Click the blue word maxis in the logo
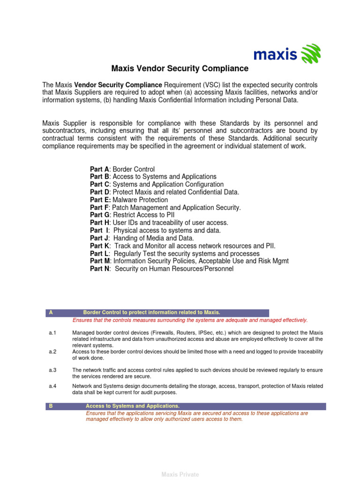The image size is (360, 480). (x=275, y=55)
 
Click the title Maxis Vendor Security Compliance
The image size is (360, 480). (x=180, y=69)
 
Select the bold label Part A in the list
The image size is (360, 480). (x=99, y=169)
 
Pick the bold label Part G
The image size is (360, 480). (x=100, y=215)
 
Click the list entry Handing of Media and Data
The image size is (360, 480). (x=154, y=238)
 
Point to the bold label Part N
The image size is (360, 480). (x=100, y=269)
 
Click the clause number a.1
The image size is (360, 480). (x=52, y=332)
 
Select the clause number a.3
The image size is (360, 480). (x=52, y=370)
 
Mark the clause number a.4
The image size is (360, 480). (x=52, y=386)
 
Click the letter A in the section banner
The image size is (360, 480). (x=51, y=313)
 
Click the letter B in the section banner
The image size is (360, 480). (x=51, y=406)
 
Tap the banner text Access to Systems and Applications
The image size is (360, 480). (x=133, y=406)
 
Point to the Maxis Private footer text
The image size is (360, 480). (x=180, y=474)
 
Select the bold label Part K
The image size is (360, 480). (x=100, y=246)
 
